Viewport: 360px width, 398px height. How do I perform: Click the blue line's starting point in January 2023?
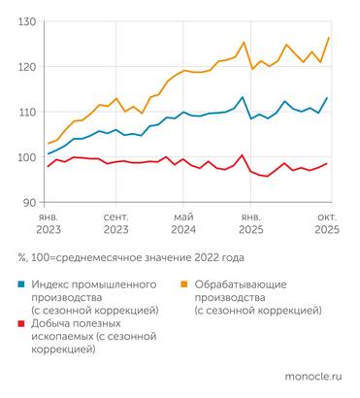pos(49,153)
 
